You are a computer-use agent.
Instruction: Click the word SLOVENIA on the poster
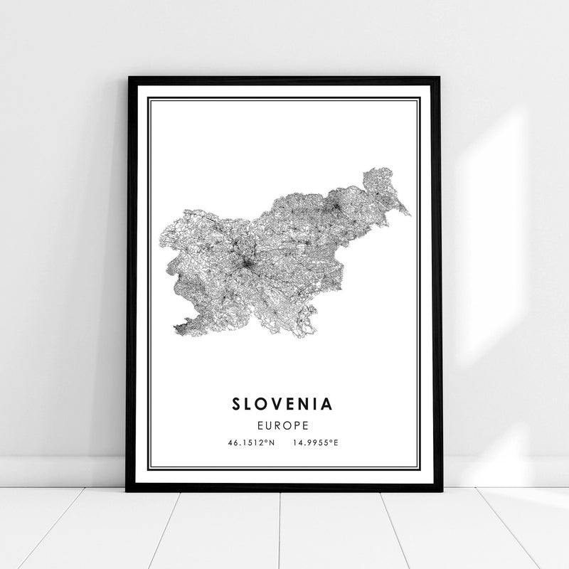tap(282, 404)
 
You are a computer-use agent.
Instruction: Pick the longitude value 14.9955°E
tap(315, 443)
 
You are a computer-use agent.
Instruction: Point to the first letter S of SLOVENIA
tap(236, 404)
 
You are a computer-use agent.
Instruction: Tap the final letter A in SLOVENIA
tap(327, 404)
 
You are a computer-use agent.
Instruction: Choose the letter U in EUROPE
tap(270, 426)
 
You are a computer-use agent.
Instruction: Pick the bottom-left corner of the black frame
tap(128, 490)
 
